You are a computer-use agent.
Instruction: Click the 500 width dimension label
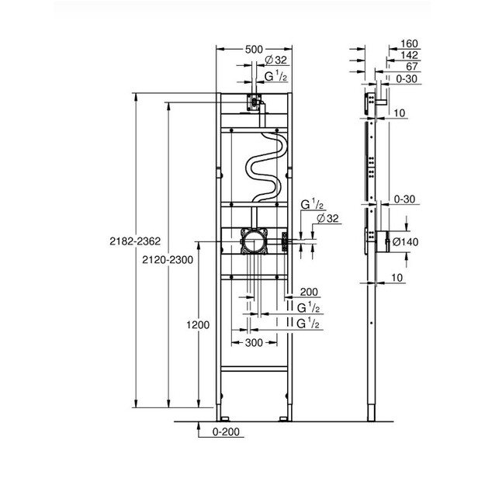pyautogui.click(x=254, y=50)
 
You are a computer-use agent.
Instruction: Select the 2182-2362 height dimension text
pyautogui.click(x=135, y=241)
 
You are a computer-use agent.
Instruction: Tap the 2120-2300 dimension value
pyautogui.click(x=168, y=260)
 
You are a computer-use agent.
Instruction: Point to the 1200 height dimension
pyautogui.click(x=198, y=325)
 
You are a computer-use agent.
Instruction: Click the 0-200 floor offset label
pyautogui.click(x=226, y=431)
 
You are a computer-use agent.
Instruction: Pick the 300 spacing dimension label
pyautogui.click(x=254, y=343)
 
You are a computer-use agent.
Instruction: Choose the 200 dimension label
pyautogui.click(x=309, y=292)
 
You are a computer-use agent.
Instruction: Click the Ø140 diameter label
pyautogui.click(x=405, y=242)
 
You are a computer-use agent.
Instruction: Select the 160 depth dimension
pyautogui.click(x=409, y=43)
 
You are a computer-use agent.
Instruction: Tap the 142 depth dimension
pyautogui.click(x=409, y=55)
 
